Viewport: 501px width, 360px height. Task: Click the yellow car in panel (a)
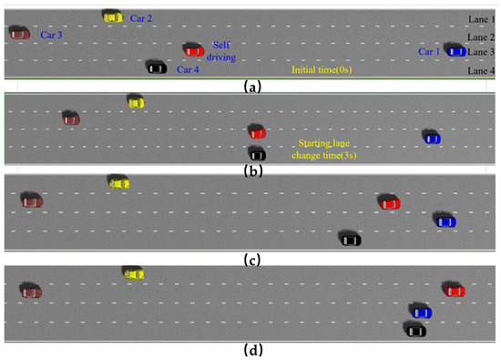point(113,16)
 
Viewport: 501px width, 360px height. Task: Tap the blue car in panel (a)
point(454,51)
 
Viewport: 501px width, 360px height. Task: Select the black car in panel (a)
point(156,67)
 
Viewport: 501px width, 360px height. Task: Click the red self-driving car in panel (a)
point(192,50)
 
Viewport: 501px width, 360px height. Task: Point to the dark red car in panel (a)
point(19,33)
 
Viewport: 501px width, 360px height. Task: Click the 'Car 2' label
point(141,17)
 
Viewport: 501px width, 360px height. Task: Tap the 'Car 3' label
point(51,35)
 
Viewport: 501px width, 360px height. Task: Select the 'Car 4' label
point(188,69)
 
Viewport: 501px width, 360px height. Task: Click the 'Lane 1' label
point(480,18)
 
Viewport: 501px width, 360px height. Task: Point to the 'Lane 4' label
point(480,70)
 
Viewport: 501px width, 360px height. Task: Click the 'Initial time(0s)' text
point(321,69)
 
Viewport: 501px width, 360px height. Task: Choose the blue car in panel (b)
point(432,137)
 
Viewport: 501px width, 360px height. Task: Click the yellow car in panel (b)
point(136,102)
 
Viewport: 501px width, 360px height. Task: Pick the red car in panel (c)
point(389,201)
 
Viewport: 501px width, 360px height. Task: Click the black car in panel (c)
point(350,239)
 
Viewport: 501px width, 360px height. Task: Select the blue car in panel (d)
point(421,313)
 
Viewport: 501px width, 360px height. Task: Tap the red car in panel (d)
point(454,290)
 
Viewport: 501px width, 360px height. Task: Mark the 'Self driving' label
point(223,50)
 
